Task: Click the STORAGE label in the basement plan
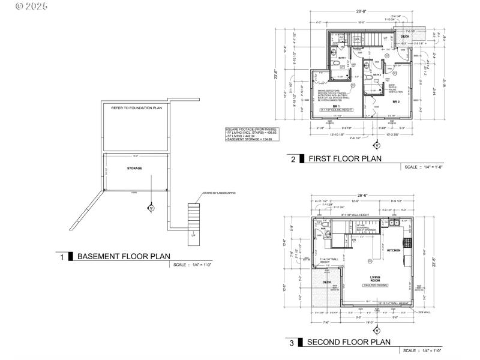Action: pyautogui.click(x=134, y=168)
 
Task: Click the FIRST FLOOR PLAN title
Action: pyautogui.click(x=344, y=159)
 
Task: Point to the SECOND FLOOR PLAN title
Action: pyautogui.click(x=349, y=342)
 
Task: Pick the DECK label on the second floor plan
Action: pyautogui.click(x=327, y=281)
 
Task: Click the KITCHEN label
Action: pyautogui.click(x=393, y=250)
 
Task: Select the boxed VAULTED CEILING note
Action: pyautogui.click(x=375, y=286)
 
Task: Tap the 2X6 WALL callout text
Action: pyautogui.click(x=425, y=312)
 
